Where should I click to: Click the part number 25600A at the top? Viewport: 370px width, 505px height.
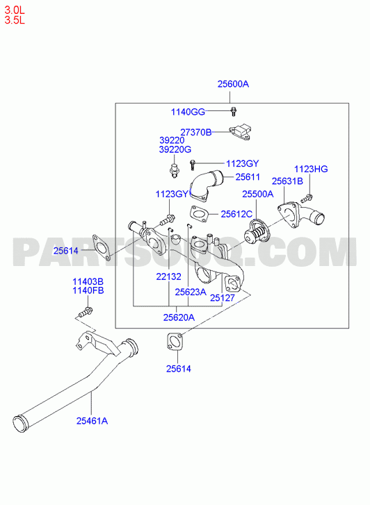(233, 84)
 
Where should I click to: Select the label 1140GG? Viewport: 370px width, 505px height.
(188, 112)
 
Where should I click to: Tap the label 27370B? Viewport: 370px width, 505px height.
(196, 133)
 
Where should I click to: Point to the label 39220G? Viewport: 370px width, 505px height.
(175, 149)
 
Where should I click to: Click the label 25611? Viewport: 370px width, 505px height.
(248, 177)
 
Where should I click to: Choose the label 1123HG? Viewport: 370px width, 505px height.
(311, 169)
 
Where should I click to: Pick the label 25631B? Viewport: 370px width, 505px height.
(287, 181)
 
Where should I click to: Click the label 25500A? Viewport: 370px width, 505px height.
(258, 194)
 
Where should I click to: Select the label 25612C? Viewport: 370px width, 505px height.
(236, 214)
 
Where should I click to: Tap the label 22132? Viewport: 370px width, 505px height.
(169, 276)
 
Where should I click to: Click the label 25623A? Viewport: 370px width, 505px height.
(191, 292)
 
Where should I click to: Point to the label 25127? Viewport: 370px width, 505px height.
(223, 298)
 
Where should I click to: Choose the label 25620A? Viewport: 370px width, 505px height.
(179, 317)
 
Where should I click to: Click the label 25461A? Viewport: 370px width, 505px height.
(92, 421)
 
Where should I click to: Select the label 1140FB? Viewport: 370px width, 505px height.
(88, 290)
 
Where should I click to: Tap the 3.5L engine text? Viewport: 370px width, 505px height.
(15, 20)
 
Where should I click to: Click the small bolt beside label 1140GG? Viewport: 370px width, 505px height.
(233, 111)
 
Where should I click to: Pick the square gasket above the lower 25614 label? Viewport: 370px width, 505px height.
(175, 342)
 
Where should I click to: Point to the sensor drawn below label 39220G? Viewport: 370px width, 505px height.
(174, 170)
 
